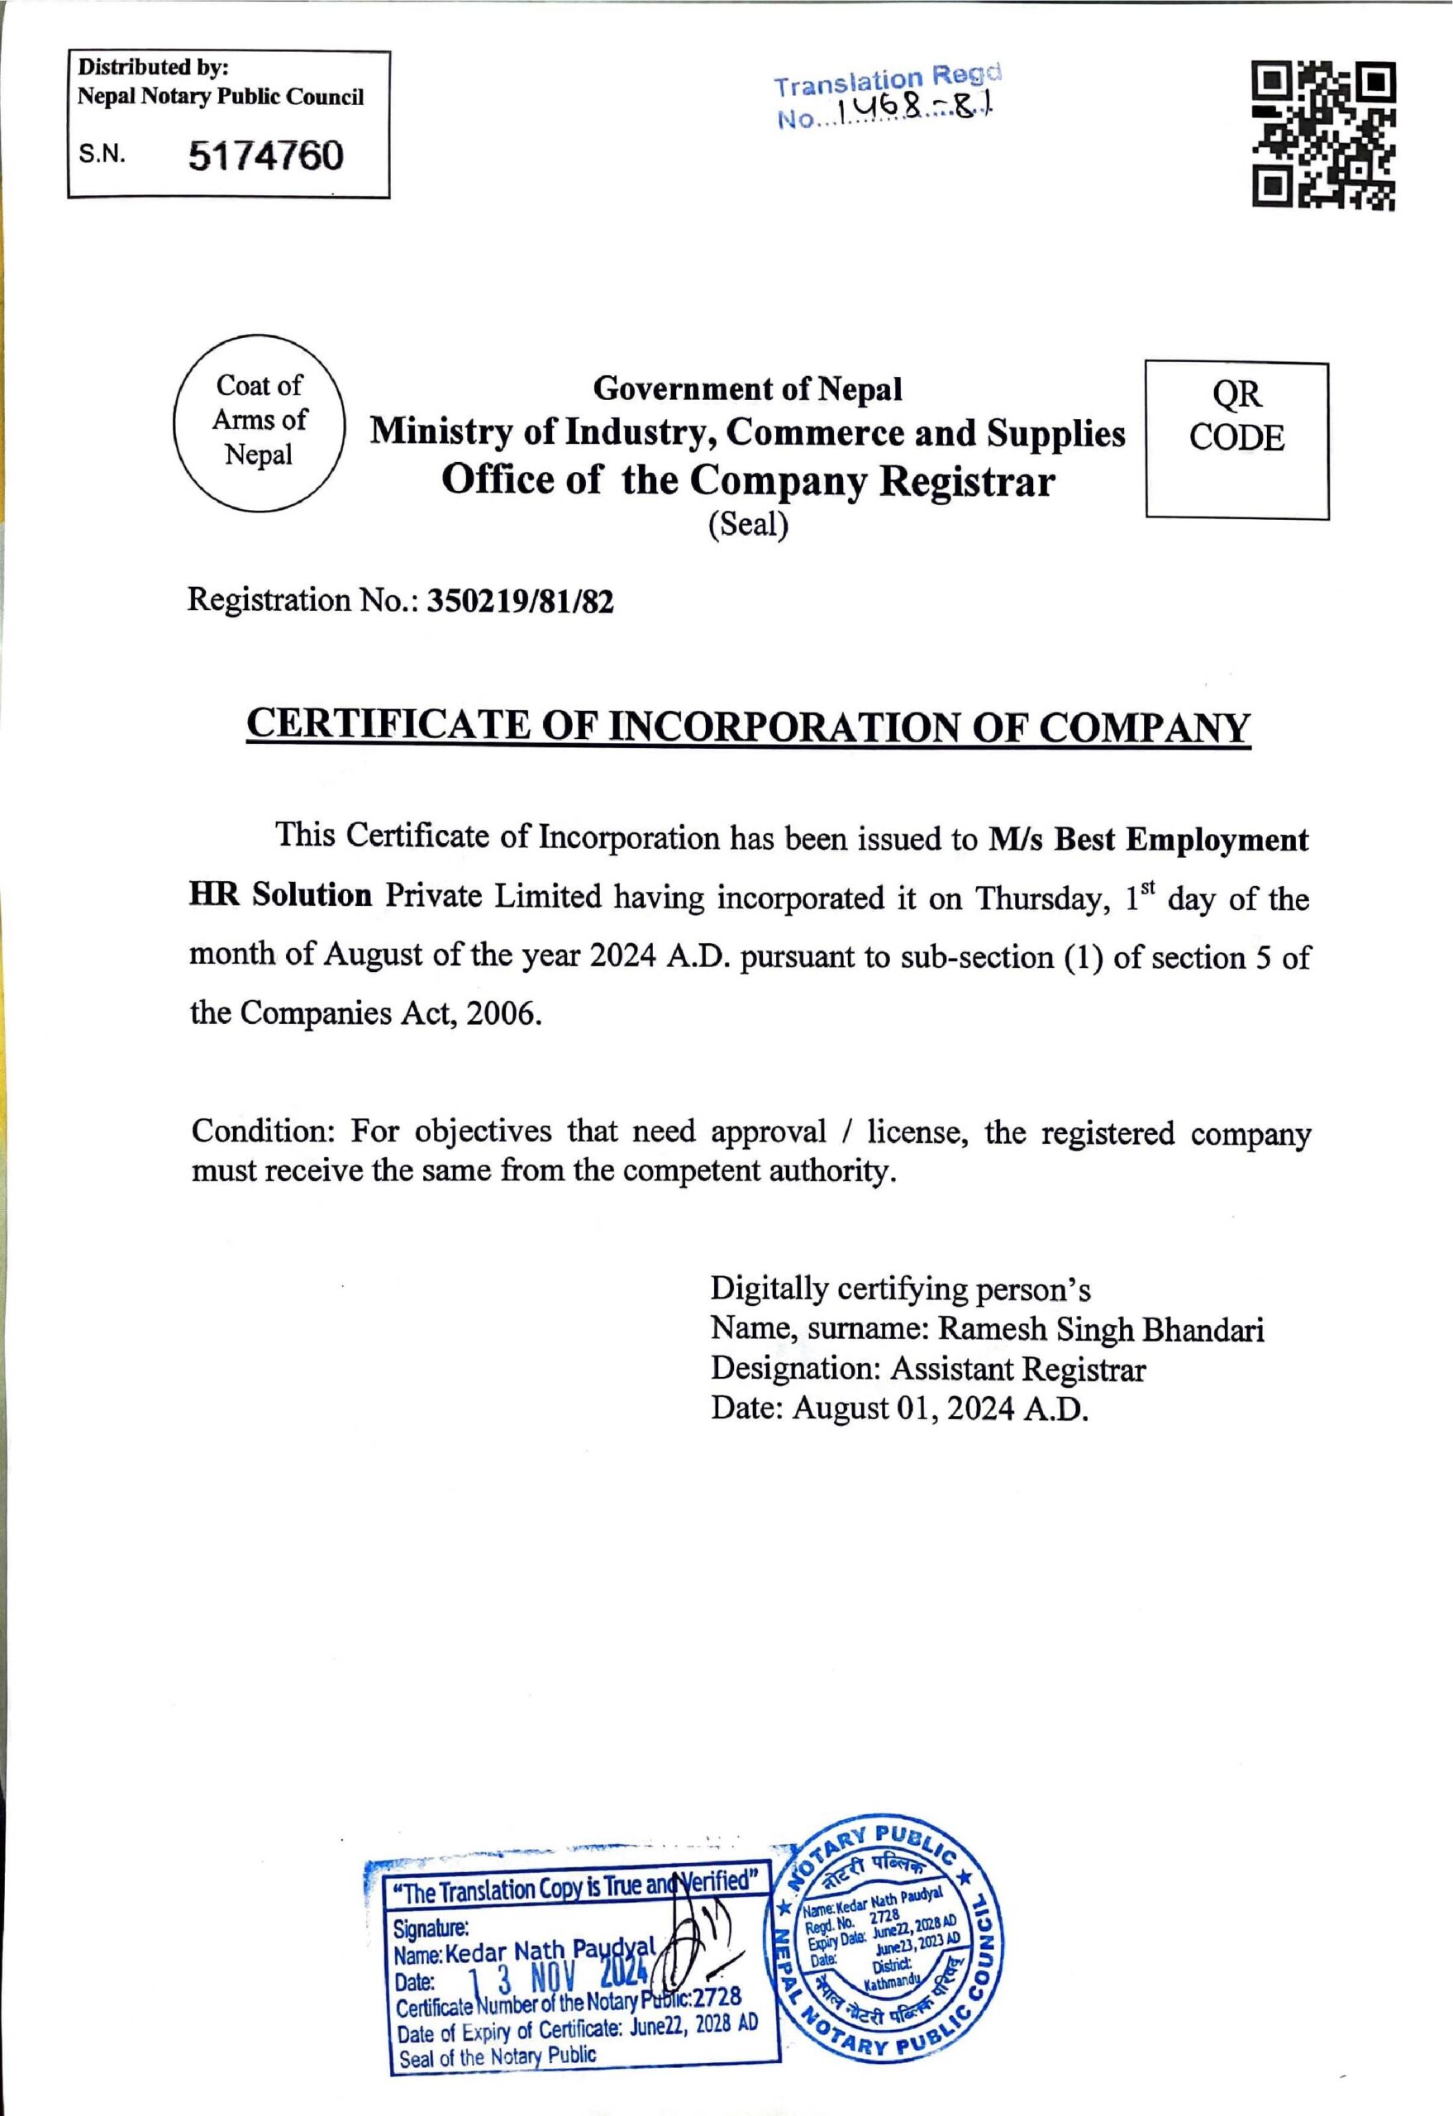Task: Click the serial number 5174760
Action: coord(266,155)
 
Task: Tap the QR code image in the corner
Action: coord(1324,135)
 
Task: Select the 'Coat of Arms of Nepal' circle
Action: coord(259,421)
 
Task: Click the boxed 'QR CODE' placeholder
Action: coord(1236,440)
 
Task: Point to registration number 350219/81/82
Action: coord(521,602)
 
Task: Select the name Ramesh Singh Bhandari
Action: coord(1101,1330)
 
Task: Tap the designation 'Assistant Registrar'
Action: coord(1017,1370)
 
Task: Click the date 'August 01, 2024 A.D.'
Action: coord(941,1408)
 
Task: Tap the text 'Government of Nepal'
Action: coord(747,389)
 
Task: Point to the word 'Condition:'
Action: coord(264,1132)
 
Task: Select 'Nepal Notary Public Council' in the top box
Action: coord(221,97)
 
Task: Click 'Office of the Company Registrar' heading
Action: coord(747,481)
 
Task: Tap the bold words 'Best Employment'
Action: coord(1181,840)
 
